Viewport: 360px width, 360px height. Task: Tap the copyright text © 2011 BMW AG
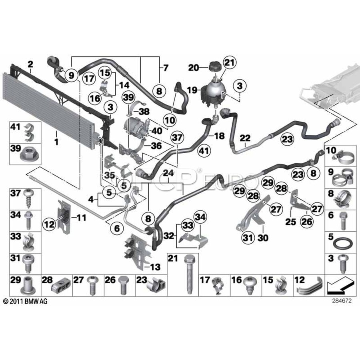pyautogui.click(x=25, y=301)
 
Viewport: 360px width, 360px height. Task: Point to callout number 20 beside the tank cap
pyautogui.click(x=194, y=68)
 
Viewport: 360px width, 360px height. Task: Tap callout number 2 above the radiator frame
pyautogui.click(x=30, y=64)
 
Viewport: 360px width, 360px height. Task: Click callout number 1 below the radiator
pyautogui.click(x=56, y=142)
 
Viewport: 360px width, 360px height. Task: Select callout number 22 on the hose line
pyautogui.click(x=245, y=138)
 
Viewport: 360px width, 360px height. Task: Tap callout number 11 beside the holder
pyautogui.click(x=82, y=218)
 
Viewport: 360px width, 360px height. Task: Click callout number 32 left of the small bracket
pyautogui.click(x=169, y=236)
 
